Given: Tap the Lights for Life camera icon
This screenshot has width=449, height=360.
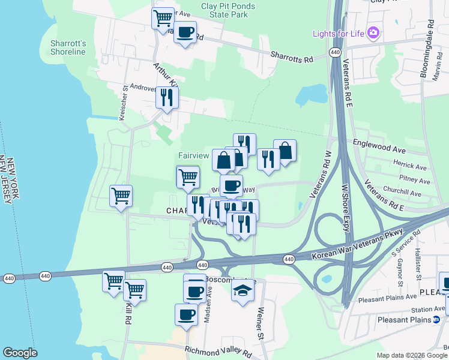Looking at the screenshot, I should tap(373, 32).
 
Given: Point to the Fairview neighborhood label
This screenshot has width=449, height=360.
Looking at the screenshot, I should tap(193, 155).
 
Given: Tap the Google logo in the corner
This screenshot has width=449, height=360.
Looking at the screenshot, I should tap(20, 353).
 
